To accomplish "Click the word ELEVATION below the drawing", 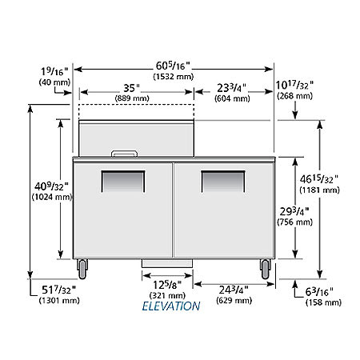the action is (x=171, y=306).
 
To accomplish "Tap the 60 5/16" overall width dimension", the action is (x=173, y=66).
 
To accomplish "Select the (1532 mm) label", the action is (x=174, y=77).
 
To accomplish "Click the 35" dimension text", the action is (x=132, y=88).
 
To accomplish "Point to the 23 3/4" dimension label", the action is (x=231, y=88).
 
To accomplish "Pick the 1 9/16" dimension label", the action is (x=54, y=71).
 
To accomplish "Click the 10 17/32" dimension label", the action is (x=294, y=86).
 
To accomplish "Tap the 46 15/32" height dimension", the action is (x=319, y=179).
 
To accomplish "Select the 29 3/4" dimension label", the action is (x=294, y=211).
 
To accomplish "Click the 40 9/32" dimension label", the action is (x=51, y=186).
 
